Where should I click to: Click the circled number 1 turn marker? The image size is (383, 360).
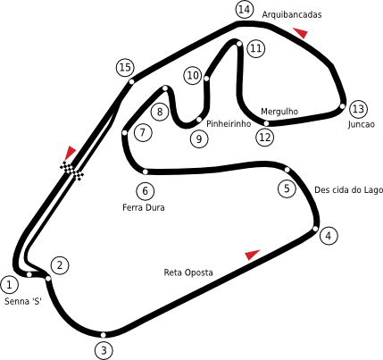coord(9,285)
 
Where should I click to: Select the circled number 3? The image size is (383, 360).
coord(104,350)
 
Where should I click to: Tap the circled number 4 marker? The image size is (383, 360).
coord(329,236)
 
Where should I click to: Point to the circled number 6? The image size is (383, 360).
coord(146,191)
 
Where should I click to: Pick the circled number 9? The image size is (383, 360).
coord(199,138)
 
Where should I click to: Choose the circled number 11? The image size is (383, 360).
coord(255,48)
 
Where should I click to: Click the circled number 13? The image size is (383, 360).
coord(358,109)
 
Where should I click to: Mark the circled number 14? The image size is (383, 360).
coord(245,10)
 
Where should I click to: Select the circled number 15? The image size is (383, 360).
coord(125,68)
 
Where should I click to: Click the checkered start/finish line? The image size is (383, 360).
coord(71,172)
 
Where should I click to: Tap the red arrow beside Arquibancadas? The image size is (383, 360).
coord(301,32)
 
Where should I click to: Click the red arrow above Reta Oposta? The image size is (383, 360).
coord(252,255)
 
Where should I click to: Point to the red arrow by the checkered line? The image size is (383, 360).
coord(70,153)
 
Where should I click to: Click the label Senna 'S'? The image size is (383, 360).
coord(23,301)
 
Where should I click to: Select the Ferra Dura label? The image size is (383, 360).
coord(144,207)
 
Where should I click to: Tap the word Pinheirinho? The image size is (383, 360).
coord(229,123)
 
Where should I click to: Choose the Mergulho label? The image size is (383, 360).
coord(279,112)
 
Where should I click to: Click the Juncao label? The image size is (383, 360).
coord(361,124)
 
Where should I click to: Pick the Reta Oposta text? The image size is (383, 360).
coord(188,272)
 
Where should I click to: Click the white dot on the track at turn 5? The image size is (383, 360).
coord(287,170)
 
